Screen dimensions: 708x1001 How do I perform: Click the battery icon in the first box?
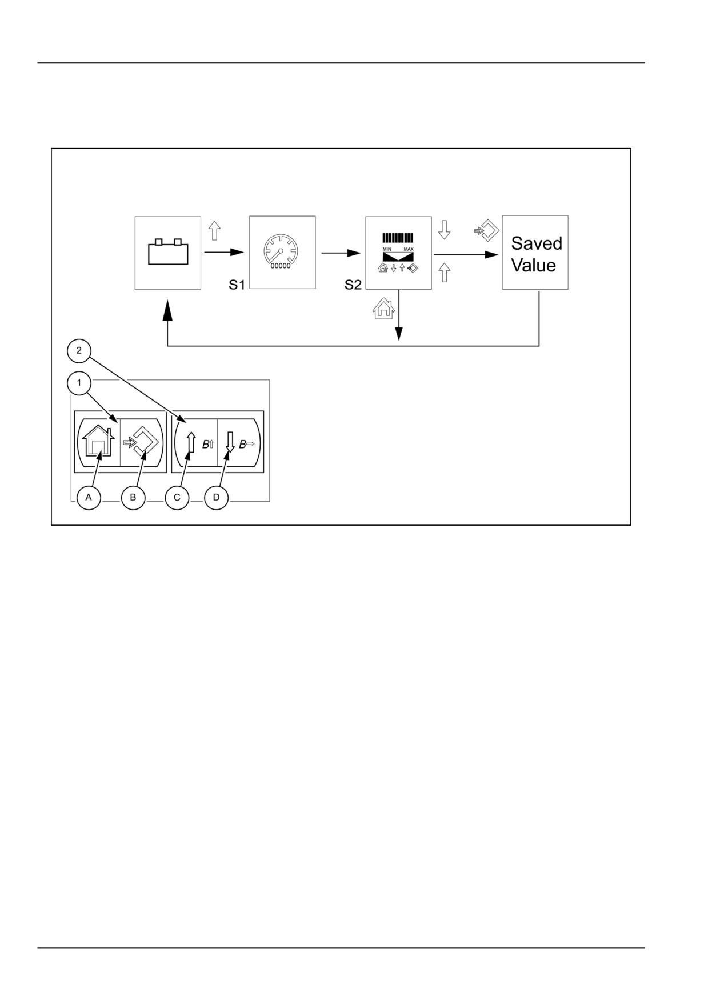pos(168,252)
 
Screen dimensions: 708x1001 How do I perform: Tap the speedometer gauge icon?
pos(281,249)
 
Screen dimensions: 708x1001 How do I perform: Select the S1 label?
pos(237,284)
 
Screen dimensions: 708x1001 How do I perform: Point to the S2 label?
pos(353,284)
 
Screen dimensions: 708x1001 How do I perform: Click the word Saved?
pos(537,243)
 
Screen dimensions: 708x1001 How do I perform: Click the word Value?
pos(533,265)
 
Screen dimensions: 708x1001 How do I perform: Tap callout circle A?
pos(89,497)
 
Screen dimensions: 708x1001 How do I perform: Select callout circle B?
pos(133,497)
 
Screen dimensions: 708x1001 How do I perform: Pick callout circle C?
pos(177,497)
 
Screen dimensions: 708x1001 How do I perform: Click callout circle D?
pos(216,497)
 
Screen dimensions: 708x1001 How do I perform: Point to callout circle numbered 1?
pos(79,383)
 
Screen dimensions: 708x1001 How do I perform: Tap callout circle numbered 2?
pos(79,350)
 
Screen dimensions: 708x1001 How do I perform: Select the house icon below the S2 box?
pos(383,309)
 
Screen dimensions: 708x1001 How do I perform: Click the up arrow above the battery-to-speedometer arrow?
pos(214,231)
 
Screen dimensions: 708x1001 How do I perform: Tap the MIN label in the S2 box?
pos(387,249)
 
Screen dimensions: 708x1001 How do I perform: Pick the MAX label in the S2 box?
pos(409,249)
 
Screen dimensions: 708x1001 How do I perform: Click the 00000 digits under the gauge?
pos(280,266)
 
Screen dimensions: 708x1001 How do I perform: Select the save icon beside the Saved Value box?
pos(487,230)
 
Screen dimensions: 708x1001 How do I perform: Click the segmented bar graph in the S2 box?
pos(398,238)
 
